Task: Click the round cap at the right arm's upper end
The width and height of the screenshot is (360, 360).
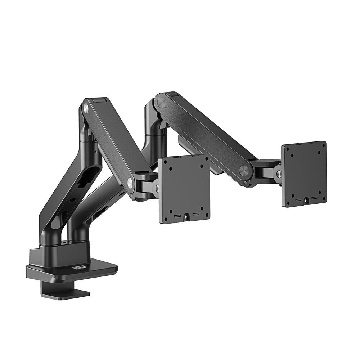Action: [x=162, y=102]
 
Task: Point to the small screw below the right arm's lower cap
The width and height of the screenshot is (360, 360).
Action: [x=245, y=183]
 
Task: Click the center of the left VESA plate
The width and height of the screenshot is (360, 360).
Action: [x=184, y=189]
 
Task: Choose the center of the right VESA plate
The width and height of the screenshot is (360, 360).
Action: [x=304, y=174]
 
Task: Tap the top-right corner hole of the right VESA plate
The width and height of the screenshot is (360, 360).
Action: [x=323, y=147]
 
